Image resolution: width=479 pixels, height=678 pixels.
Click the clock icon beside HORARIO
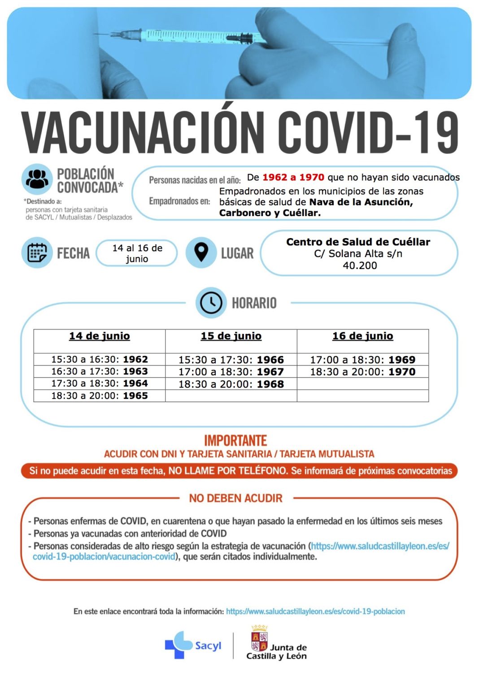coord(211,303)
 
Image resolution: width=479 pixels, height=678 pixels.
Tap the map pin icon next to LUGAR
coord(201,252)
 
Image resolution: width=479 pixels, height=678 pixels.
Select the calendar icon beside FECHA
coord(37,252)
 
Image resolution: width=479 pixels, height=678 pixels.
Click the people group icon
coord(37,179)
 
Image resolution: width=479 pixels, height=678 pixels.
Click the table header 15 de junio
coord(231,336)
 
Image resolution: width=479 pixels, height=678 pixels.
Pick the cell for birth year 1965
coord(100,395)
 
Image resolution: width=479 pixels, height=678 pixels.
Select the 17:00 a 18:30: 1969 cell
coord(362,360)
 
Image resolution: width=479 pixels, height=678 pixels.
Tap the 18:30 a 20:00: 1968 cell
coord(231,384)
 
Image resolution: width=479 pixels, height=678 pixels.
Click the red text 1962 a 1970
coord(293,177)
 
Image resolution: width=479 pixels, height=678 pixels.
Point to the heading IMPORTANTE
coord(235,440)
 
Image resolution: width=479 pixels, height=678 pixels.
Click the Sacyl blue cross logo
coord(178,644)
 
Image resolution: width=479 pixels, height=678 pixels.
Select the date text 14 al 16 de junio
coord(137,253)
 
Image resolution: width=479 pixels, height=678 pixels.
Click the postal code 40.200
coord(360,265)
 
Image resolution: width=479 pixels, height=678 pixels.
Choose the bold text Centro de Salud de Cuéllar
coord(358,242)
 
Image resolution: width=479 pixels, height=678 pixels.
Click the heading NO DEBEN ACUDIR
coord(235,498)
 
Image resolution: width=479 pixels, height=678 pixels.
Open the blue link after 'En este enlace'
coord(315,611)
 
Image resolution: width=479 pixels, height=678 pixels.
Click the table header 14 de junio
coord(100,336)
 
